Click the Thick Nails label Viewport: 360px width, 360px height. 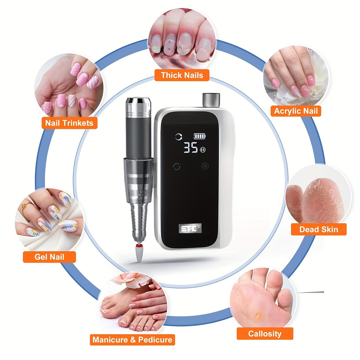[182, 75]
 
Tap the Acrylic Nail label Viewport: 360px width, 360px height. [296, 111]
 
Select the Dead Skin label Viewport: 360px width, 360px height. [319, 230]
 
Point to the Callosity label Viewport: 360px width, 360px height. [265, 334]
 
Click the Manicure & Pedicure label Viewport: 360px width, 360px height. [132, 340]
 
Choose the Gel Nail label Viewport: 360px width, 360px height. [49, 257]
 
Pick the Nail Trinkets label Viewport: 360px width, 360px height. [69, 123]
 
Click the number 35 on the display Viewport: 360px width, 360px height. [191, 148]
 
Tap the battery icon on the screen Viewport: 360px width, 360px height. [200, 136]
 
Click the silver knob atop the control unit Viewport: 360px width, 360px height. [211, 100]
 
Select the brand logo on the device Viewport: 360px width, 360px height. [190, 229]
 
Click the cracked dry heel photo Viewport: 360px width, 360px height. [318, 200]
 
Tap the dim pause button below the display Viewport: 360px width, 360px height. [205, 166]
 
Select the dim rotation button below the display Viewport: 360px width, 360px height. [177, 166]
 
